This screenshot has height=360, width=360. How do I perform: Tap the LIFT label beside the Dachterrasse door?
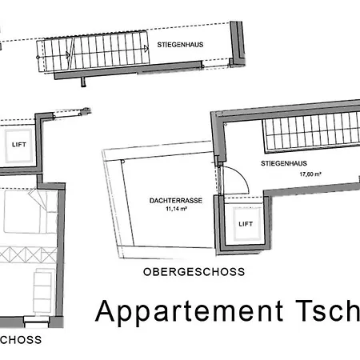click(244, 225)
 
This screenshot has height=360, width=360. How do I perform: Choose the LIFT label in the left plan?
click(18, 145)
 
